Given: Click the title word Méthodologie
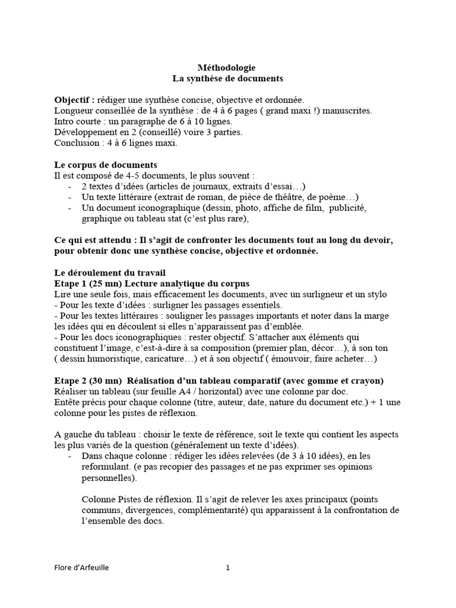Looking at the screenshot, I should (227, 68).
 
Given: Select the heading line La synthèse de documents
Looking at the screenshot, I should (227, 78).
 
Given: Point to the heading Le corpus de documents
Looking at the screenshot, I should (106, 164).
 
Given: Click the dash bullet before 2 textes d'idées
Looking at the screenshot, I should (70, 186).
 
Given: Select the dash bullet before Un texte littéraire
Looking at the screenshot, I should (70, 197).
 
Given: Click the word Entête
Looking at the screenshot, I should (67, 403).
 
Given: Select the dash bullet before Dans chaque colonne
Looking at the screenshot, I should (70, 456).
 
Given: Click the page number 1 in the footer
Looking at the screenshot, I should (227, 568).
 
